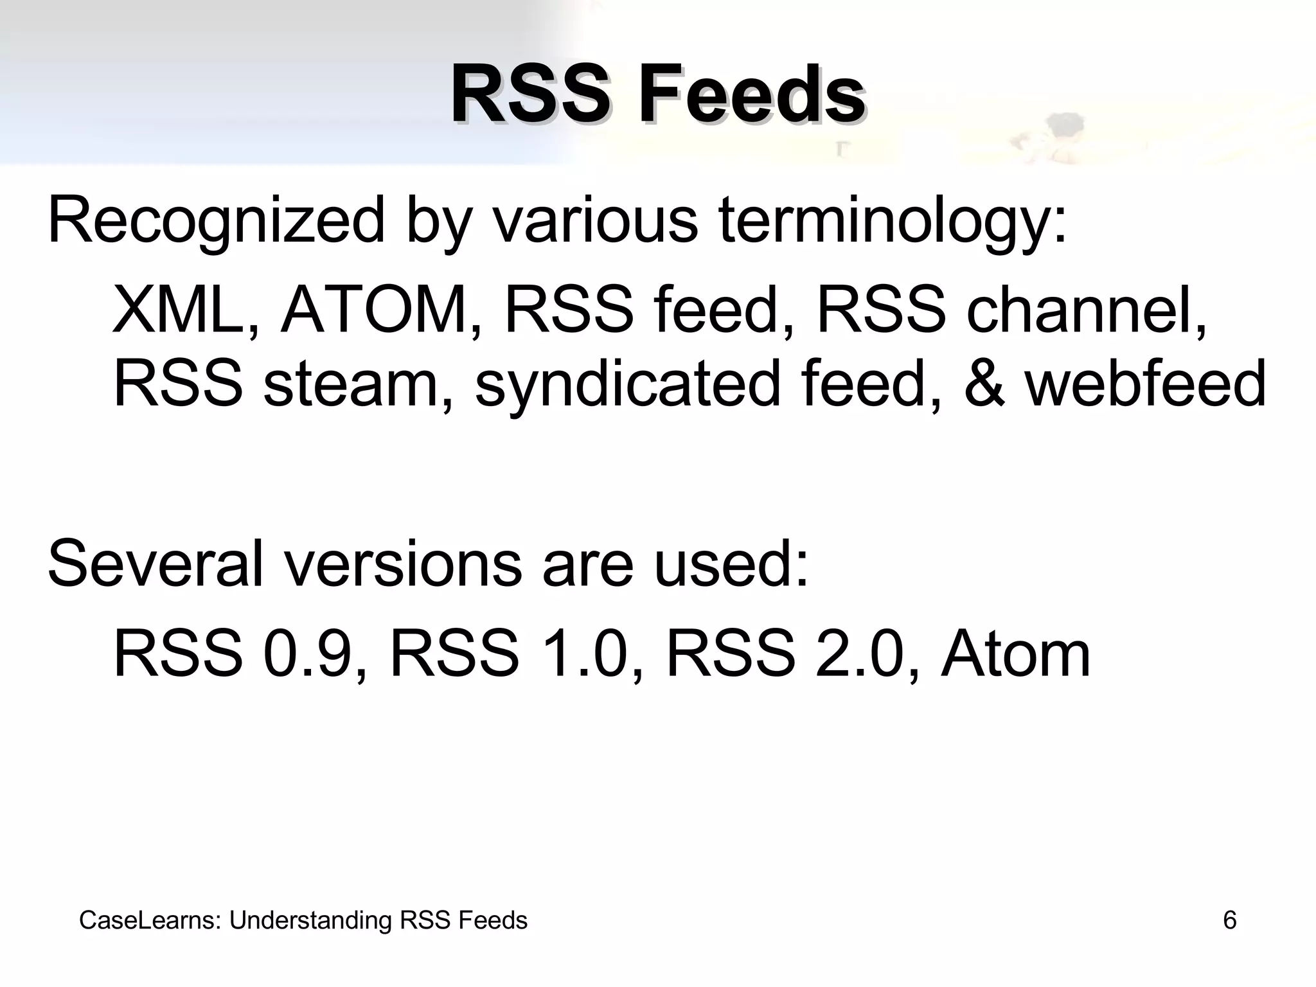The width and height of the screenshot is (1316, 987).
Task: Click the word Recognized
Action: pyautogui.click(x=216, y=222)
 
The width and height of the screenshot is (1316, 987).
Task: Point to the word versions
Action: pyautogui.click(x=404, y=564)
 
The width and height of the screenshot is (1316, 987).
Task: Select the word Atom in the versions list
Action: pyautogui.click(x=1015, y=654)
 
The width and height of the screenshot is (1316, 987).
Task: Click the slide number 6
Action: pyautogui.click(x=1229, y=920)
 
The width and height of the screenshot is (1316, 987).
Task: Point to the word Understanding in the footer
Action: pyautogui.click(x=310, y=921)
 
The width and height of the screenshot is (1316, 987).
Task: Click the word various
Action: pyautogui.click(x=594, y=222)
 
